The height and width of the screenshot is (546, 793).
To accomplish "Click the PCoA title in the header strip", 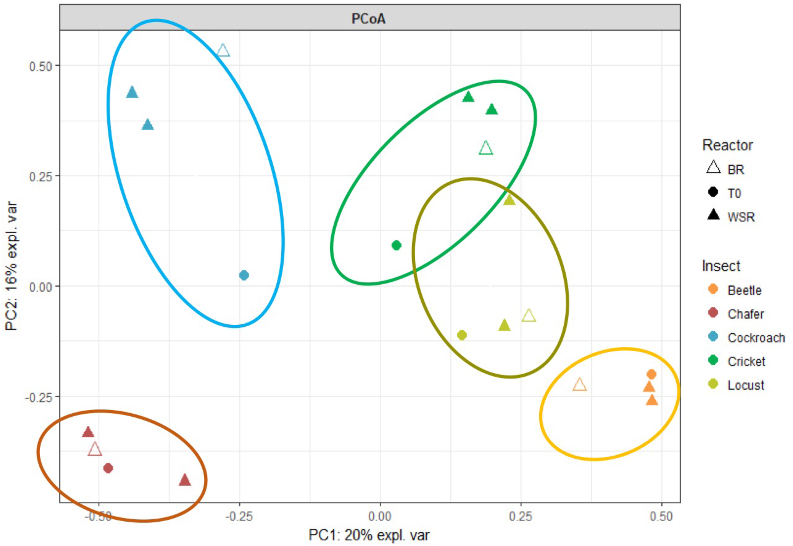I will click(369, 18).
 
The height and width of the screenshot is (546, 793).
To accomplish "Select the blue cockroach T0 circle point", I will click(244, 275).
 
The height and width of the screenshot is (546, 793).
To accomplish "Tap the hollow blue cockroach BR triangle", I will click(223, 51).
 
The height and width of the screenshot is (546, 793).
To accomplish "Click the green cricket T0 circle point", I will click(396, 245).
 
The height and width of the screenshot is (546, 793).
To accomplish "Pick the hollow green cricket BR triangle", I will click(486, 148).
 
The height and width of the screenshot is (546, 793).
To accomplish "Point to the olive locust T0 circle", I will click(462, 335).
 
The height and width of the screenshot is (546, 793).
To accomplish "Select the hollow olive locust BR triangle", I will click(529, 316).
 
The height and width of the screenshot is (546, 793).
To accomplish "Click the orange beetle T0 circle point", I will click(651, 374).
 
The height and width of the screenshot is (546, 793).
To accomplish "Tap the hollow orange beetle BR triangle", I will click(580, 385).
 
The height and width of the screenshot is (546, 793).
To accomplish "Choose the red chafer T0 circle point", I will click(108, 468).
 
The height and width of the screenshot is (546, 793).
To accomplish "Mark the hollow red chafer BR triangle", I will click(95, 450).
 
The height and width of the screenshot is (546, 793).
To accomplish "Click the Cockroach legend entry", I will click(756, 338).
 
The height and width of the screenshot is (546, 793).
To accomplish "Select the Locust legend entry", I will click(745, 385).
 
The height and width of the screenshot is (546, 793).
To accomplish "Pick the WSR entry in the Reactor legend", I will click(741, 217).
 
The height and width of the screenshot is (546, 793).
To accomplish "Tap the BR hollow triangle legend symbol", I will click(714, 168).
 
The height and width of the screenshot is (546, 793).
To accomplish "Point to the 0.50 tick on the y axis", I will click(40, 66).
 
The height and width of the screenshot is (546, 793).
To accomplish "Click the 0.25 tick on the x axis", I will click(521, 516).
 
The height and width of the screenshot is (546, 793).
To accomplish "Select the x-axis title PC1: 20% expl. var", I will click(369, 535).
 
